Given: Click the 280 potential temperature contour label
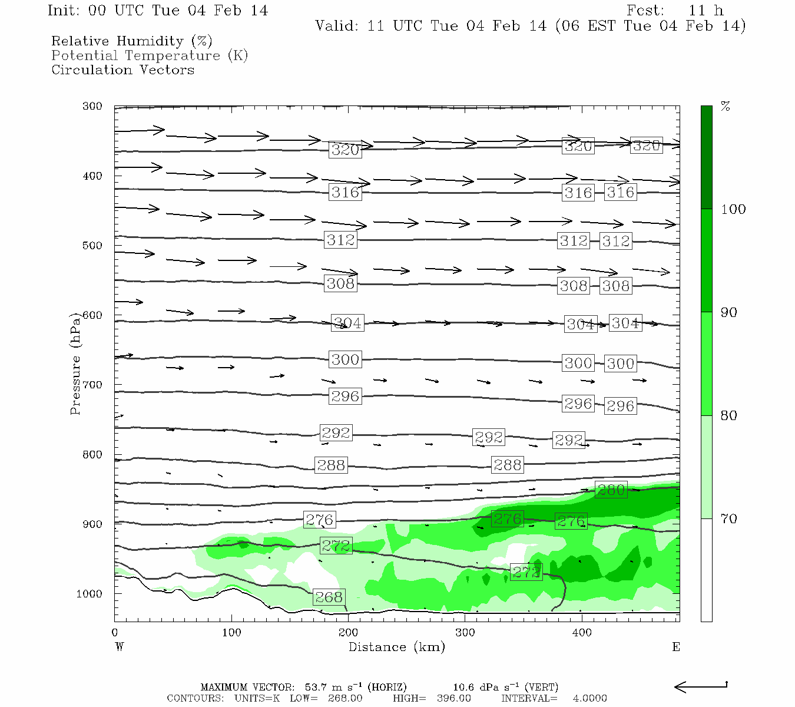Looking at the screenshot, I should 611,490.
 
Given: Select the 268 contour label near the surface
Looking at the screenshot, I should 329,597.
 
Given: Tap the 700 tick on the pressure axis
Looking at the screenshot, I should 92,385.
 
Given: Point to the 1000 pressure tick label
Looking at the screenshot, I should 90,594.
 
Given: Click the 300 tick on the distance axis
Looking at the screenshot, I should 465,633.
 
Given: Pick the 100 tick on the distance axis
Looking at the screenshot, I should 231,633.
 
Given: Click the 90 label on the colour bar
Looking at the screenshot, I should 729,312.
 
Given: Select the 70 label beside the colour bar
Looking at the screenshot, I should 729,519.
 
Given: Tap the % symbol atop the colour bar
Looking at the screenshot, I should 726,107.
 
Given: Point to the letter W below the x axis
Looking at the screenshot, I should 120,647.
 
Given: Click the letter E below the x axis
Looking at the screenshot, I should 676,647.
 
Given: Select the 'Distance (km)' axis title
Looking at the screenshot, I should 396,647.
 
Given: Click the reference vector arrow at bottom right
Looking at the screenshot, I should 701,686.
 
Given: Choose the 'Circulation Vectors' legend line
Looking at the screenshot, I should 122,70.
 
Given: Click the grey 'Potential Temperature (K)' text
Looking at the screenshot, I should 150,56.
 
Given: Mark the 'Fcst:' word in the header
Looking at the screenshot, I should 645,11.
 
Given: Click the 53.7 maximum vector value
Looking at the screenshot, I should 314,687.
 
